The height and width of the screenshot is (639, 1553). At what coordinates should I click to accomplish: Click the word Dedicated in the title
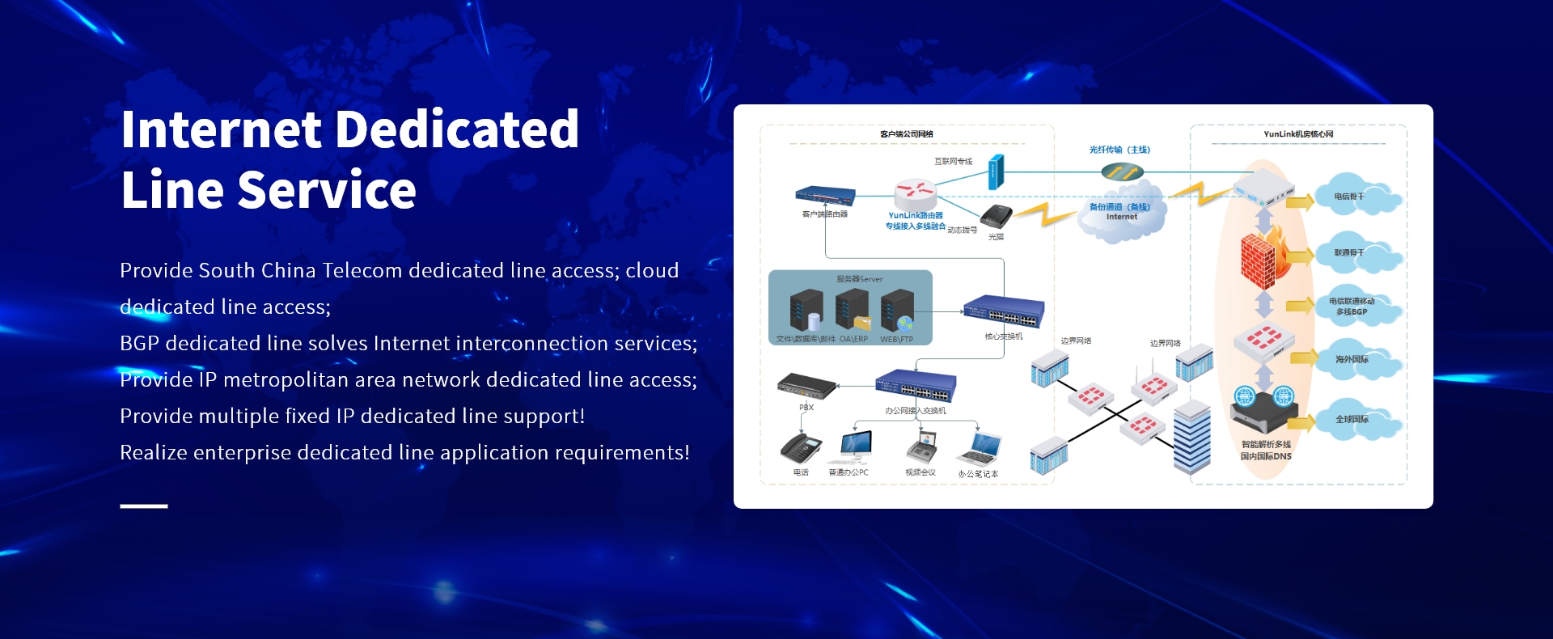(x=457, y=129)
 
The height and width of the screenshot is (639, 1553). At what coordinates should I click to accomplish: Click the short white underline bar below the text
(x=144, y=506)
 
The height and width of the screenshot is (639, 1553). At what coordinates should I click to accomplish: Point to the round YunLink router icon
(x=915, y=194)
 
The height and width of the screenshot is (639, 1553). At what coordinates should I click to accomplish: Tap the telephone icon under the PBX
(x=800, y=448)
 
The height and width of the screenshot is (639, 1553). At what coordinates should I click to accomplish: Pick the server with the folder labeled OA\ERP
(x=853, y=311)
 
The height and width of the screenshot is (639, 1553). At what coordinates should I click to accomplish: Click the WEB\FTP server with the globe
(x=897, y=311)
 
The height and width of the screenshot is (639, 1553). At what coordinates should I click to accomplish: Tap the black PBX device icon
(x=806, y=386)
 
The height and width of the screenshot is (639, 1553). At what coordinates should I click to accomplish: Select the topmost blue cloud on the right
(x=1356, y=197)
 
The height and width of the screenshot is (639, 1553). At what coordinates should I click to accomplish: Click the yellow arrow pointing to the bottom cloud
(x=1299, y=421)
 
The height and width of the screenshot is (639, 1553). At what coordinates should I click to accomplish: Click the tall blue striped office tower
(x=1192, y=437)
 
